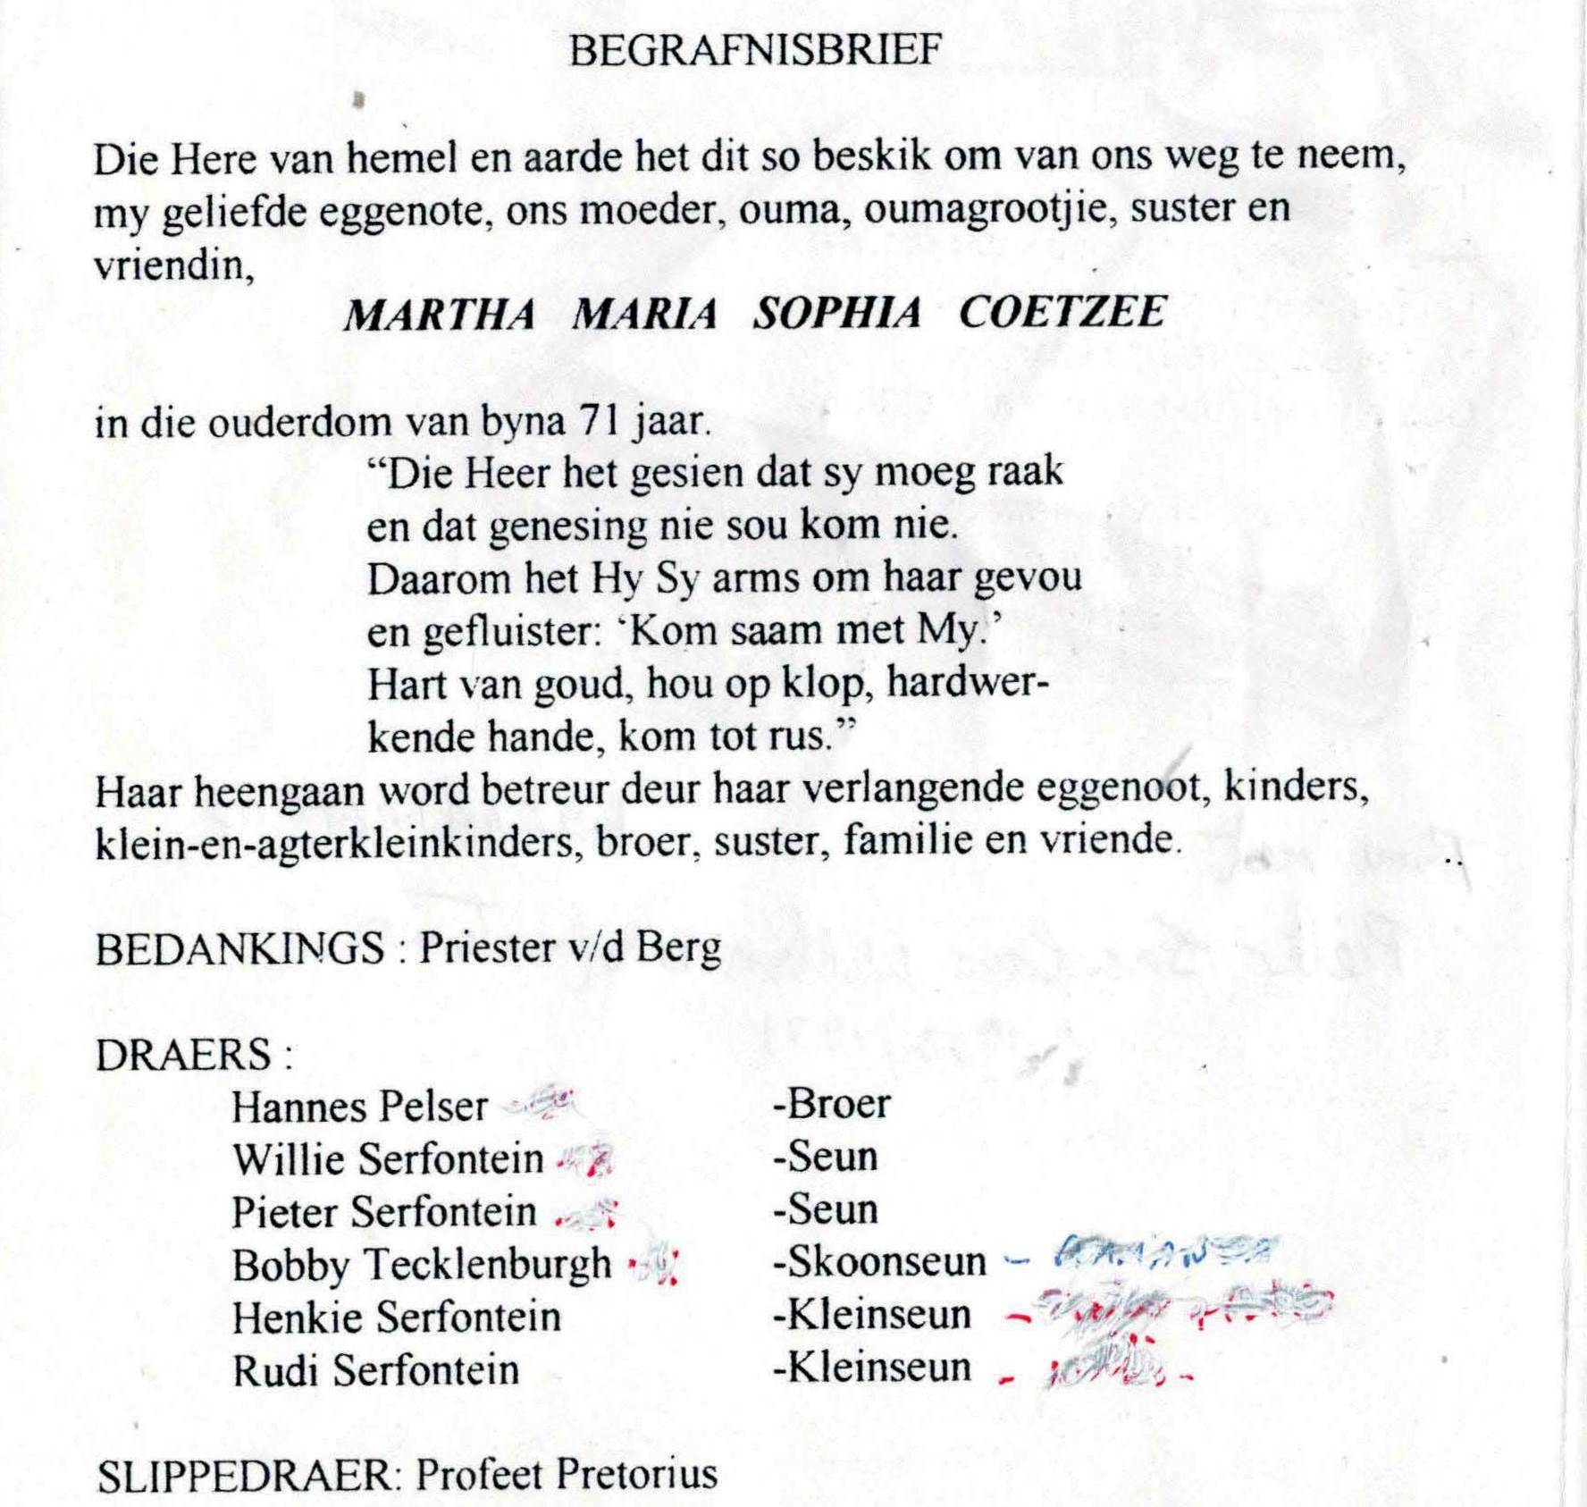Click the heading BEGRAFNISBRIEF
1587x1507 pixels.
[x=755, y=51]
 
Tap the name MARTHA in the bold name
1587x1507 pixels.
[x=440, y=315]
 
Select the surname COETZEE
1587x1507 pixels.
[x=1062, y=313]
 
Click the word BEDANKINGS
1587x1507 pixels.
[x=239, y=949]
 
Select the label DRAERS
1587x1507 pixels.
[x=183, y=1056]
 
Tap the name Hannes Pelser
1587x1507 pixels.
[x=359, y=1108]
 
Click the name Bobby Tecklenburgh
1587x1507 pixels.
[x=422, y=1266]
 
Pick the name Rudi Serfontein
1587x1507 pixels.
[x=375, y=1371]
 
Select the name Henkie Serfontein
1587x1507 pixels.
[x=396, y=1318]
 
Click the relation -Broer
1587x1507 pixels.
[x=831, y=1105]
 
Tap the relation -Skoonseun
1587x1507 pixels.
[x=879, y=1262]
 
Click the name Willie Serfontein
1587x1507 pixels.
[x=388, y=1160]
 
